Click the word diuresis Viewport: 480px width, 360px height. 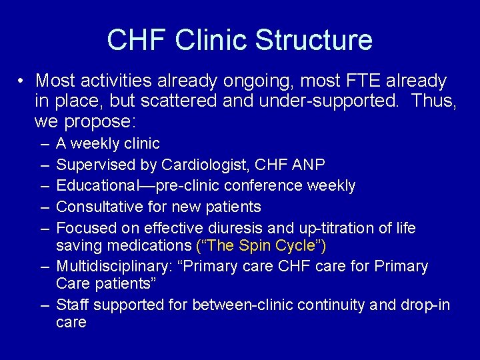coord(259,228)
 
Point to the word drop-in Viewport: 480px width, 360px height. coord(427,305)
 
